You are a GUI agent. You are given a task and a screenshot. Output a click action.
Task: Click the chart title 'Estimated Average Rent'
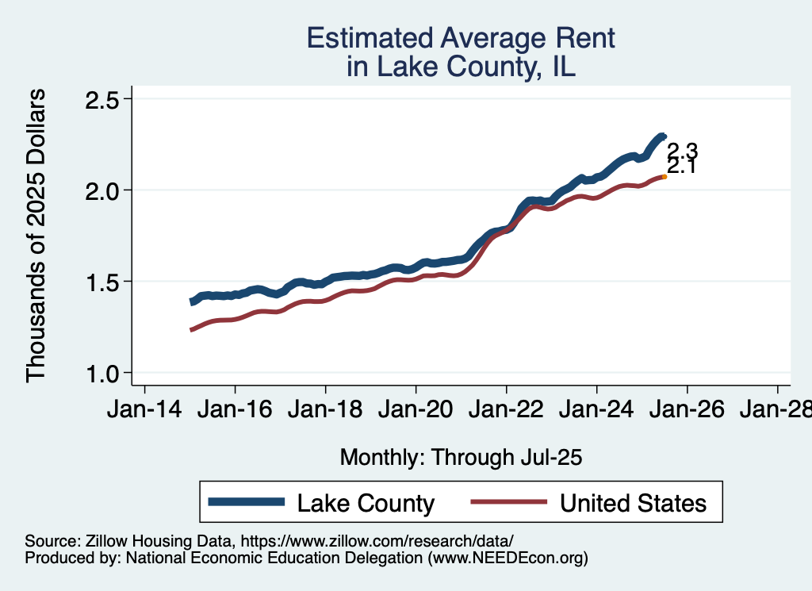tap(461, 38)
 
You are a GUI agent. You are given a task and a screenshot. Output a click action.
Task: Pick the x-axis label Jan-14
tap(144, 411)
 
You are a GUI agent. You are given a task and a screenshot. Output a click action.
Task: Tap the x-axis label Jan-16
tap(235, 411)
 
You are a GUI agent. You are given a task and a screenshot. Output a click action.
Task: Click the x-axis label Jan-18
tap(325, 411)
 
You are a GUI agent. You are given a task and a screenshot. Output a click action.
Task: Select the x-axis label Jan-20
tap(416, 411)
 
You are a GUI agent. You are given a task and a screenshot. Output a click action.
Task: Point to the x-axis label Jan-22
tap(506, 411)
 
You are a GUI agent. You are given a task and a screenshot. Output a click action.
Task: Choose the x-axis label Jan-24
tap(596, 411)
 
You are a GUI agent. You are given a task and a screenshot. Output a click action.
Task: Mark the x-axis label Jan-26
tap(687, 411)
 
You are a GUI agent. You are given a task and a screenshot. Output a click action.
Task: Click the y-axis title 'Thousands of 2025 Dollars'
tap(37, 236)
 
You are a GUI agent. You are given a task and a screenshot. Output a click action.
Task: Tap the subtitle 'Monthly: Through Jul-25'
tap(461, 458)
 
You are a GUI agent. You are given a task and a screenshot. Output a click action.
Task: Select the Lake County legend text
tap(366, 502)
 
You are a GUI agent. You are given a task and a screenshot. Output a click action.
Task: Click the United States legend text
tap(632, 502)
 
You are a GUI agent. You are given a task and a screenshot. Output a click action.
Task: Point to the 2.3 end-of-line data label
tap(682, 151)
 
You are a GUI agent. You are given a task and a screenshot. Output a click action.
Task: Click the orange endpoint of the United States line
tap(664, 177)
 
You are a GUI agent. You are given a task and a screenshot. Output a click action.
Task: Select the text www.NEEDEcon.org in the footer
tap(507, 558)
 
